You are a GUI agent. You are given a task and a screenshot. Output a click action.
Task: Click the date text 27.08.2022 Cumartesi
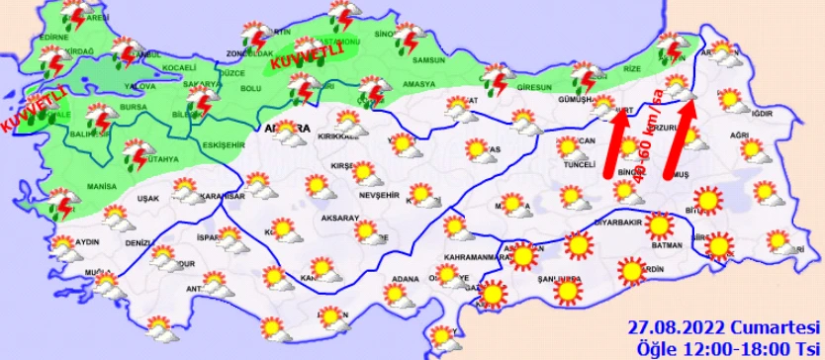tap(725, 325)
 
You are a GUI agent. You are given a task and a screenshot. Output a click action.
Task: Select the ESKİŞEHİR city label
tap(216, 144)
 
